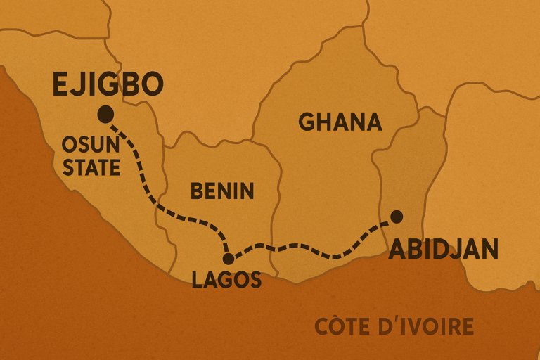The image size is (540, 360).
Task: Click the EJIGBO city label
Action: click(x=108, y=84)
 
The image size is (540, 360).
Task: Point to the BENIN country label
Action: click(x=222, y=191)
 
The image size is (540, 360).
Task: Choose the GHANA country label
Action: click(x=340, y=122)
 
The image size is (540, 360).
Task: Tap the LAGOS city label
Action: click(x=226, y=280)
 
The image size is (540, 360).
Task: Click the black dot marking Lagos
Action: click(x=229, y=258)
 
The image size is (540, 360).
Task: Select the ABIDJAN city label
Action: click(x=444, y=249)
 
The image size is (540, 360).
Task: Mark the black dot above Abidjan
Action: click(x=397, y=215)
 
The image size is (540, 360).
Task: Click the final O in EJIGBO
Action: click(x=152, y=84)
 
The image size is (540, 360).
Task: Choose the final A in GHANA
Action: click(x=374, y=122)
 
